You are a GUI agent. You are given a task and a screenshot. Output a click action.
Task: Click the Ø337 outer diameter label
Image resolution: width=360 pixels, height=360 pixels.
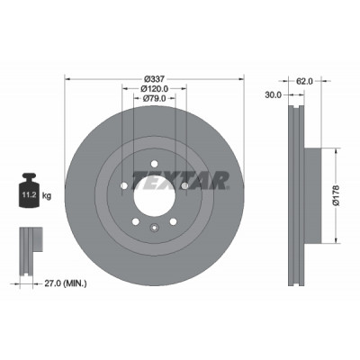click(154, 79)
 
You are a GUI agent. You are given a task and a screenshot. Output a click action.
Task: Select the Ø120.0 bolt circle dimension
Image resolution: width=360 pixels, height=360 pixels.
click(154, 89)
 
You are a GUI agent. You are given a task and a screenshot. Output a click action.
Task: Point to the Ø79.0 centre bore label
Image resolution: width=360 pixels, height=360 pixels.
click(154, 98)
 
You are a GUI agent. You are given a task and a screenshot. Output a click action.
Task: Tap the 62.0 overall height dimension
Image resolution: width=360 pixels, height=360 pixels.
click(304, 81)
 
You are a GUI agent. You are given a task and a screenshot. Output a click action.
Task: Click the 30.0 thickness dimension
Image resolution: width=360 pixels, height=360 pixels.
click(274, 95)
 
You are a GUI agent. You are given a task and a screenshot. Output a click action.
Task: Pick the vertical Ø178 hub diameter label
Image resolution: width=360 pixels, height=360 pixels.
click(337, 195)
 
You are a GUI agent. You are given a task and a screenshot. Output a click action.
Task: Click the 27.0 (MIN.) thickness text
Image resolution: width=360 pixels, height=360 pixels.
click(66, 283)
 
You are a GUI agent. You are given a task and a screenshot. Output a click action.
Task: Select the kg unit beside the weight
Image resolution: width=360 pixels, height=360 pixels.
click(47, 196)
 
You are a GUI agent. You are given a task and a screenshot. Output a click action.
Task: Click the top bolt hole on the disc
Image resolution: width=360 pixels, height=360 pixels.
click(154, 164)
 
